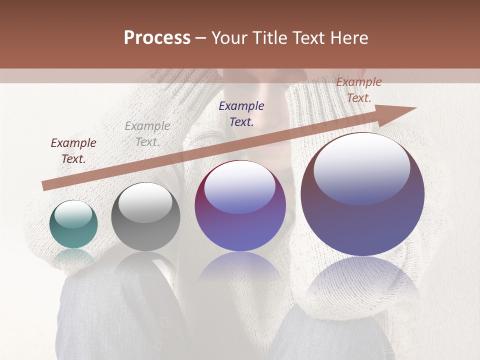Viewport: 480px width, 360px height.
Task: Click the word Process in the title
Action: click(x=157, y=38)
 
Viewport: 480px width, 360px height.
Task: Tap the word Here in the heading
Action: click(x=348, y=38)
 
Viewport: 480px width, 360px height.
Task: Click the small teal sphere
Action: click(x=73, y=224)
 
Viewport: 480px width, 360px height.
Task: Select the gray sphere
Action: click(x=145, y=216)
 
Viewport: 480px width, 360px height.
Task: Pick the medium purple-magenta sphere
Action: click(x=240, y=205)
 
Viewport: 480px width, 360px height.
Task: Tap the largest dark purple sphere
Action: click(x=362, y=194)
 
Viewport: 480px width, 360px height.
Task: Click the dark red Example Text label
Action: click(x=73, y=151)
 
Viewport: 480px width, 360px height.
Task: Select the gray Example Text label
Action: click(x=147, y=134)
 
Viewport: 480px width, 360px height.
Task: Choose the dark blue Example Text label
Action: click(x=241, y=113)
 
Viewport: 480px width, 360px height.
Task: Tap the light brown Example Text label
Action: click(x=359, y=90)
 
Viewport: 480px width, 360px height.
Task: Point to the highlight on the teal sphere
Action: click(x=73, y=214)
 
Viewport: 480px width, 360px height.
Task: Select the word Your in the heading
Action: click(x=228, y=38)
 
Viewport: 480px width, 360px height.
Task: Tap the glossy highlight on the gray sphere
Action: click(x=145, y=202)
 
